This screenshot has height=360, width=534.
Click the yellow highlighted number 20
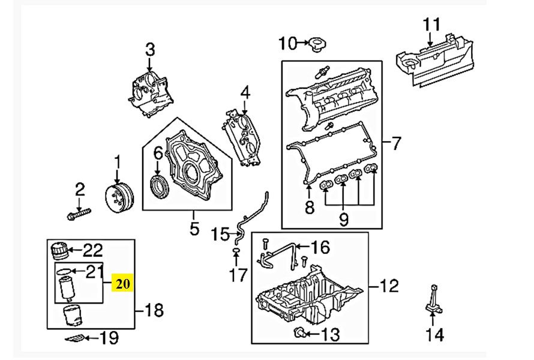122,283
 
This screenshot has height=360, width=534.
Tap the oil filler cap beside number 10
317,44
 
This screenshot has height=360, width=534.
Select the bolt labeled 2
79,214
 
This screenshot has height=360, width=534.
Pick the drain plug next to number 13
299,332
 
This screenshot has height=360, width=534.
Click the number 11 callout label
431,25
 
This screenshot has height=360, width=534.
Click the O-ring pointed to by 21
64,271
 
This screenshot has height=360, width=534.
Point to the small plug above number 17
236,251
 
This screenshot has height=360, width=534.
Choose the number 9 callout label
344,219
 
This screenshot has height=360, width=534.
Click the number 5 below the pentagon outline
194,228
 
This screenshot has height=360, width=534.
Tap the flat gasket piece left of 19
75,338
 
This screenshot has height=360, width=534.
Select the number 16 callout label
321,247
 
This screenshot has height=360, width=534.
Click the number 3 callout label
150,50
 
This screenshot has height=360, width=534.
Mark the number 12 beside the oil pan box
389,286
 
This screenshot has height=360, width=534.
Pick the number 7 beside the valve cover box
395,143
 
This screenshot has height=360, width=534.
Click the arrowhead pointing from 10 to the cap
307,43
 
